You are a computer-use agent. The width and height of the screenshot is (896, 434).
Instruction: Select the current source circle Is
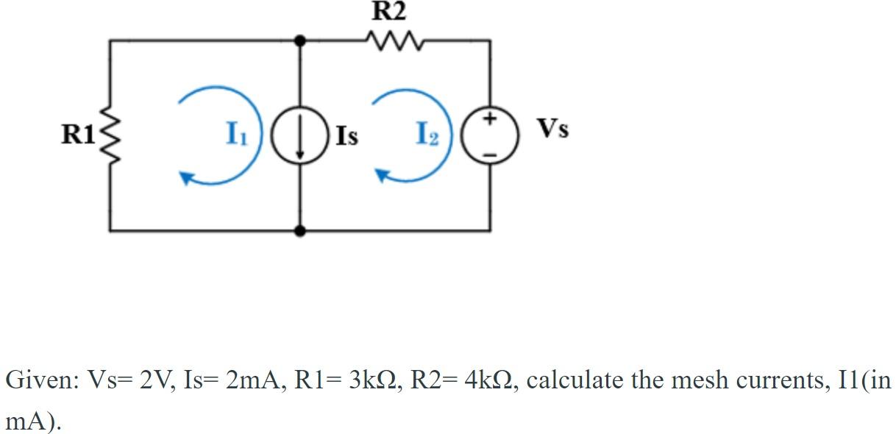[x=299, y=138]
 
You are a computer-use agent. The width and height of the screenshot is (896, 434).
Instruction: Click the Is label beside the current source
[x=346, y=137]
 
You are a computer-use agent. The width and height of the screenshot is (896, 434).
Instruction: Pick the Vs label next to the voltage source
[x=552, y=129]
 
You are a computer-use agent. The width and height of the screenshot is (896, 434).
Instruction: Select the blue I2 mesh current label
[x=428, y=135]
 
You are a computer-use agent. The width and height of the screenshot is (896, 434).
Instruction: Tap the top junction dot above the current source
[x=299, y=41]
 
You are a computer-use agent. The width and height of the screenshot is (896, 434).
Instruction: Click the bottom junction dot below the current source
[x=299, y=231]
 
